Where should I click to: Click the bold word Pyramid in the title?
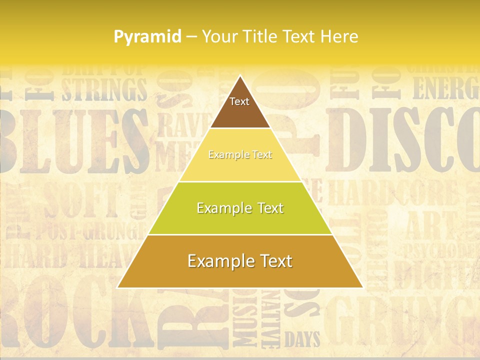pyautogui.click(x=147, y=36)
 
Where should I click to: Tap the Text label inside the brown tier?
pyautogui.click(x=239, y=101)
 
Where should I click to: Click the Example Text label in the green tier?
pyautogui.click(x=240, y=208)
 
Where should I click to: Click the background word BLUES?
pyautogui.click(x=70, y=140)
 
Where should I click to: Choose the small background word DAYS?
pyautogui.click(x=302, y=339)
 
